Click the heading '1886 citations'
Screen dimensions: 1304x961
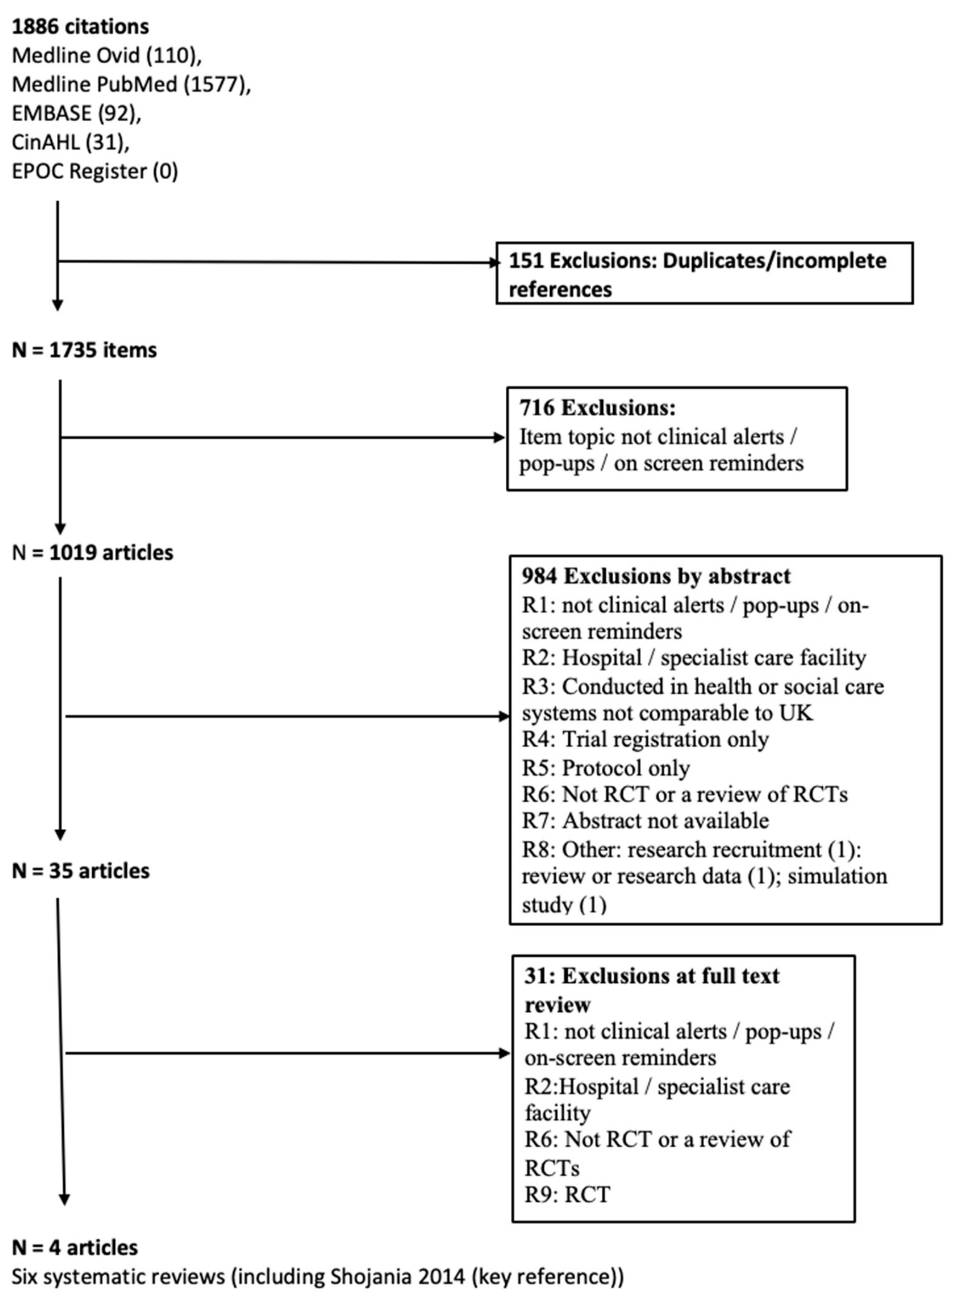coord(80,27)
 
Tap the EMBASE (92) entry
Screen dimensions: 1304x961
coord(76,113)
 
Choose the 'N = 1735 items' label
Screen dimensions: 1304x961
coord(84,350)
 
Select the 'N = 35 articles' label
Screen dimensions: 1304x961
coord(81,871)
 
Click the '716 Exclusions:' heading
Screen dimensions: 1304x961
coord(597,409)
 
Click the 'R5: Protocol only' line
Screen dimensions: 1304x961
coord(606,768)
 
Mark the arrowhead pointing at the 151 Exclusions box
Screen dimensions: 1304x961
coord(495,263)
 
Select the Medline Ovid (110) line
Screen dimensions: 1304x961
coord(106,56)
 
